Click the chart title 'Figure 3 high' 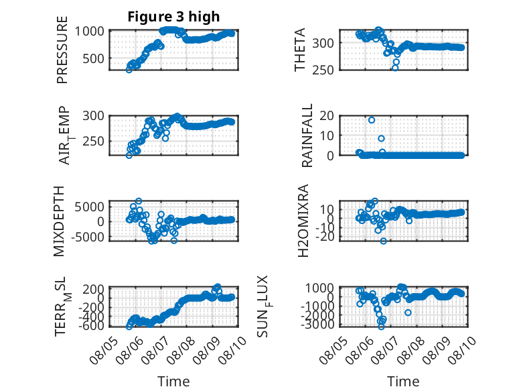click(x=173, y=17)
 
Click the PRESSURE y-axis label click(x=62, y=50)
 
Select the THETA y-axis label click(x=300, y=50)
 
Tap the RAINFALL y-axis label click(x=307, y=135)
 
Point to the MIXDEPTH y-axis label click(x=59, y=221)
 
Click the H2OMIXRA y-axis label click(x=303, y=221)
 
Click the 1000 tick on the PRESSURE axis click(x=89, y=32)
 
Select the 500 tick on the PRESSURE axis click(x=93, y=58)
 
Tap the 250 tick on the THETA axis click(x=323, y=70)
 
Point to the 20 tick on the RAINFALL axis click(x=327, y=116)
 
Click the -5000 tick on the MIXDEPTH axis click(x=87, y=237)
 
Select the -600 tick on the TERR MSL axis click(x=91, y=326)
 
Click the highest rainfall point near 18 click(x=372, y=120)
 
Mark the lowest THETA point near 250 click(x=395, y=68)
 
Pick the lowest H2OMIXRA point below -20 click(x=384, y=241)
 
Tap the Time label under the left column click(x=173, y=382)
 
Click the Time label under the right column click(x=403, y=382)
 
